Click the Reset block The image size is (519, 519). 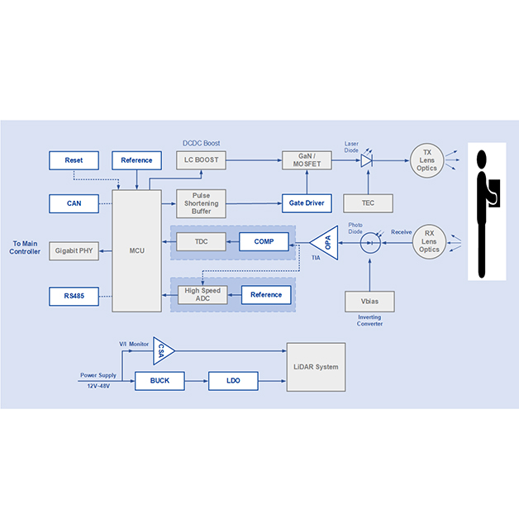point(74,160)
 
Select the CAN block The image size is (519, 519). point(74,202)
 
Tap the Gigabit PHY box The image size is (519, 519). point(74,250)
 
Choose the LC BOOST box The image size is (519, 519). point(201,160)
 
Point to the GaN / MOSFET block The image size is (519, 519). point(307,160)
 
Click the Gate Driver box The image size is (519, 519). point(307,202)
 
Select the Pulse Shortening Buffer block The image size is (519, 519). point(201,203)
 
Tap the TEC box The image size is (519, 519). point(369,202)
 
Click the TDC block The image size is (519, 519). point(201,242)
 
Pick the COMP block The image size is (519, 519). point(264,242)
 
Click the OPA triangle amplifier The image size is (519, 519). point(326,241)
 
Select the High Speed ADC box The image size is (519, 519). point(201,295)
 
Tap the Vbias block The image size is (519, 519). point(369,302)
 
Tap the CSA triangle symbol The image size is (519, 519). point(163,353)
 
